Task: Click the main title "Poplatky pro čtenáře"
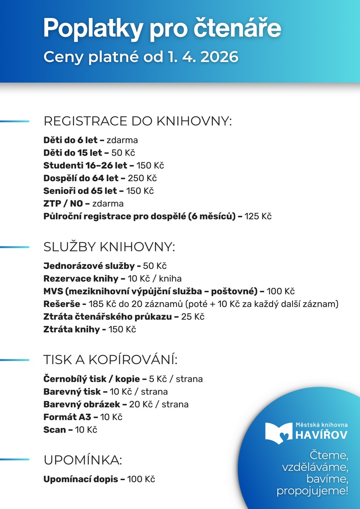click(162, 28)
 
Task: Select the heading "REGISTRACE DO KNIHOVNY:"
click(137, 121)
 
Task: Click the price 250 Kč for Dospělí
click(142, 178)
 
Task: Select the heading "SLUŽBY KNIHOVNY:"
click(109, 247)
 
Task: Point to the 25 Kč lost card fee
click(193, 317)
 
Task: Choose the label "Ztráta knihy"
click(71, 329)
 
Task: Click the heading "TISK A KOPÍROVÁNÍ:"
click(111, 360)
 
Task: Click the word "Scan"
click(54, 430)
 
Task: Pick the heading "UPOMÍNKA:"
click(83, 460)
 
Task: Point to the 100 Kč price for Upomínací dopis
click(141, 479)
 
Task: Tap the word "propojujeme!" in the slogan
click(312, 491)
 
